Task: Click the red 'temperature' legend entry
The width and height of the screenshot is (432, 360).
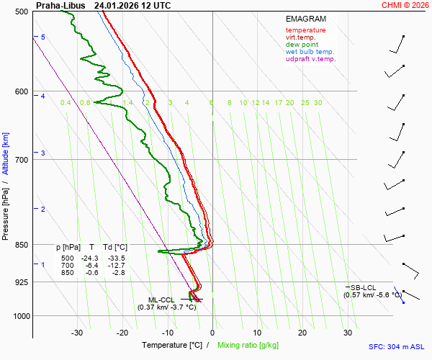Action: [x=305, y=30]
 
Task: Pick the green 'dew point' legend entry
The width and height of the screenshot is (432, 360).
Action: [x=302, y=45]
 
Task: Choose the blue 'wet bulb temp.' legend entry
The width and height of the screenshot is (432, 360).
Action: [x=310, y=52]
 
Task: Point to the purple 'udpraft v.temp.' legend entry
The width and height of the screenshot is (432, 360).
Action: [x=310, y=59]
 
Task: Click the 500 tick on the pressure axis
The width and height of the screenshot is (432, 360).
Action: [x=20, y=12]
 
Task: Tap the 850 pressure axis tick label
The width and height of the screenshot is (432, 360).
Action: [x=20, y=245]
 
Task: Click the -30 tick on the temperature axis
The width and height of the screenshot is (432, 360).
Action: [x=77, y=333]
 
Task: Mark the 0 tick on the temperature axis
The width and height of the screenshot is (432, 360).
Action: [x=212, y=333]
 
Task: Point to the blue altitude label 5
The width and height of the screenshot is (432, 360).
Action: [x=43, y=37]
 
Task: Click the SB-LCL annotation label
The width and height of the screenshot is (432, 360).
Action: [x=364, y=287]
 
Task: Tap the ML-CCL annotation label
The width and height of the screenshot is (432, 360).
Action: [x=161, y=300]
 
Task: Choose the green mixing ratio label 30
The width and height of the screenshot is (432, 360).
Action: [x=318, y=103]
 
